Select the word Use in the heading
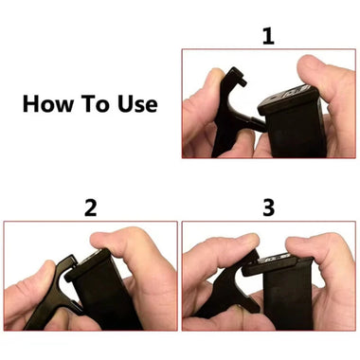coord(135,102)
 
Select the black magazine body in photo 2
coord(109,303)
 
